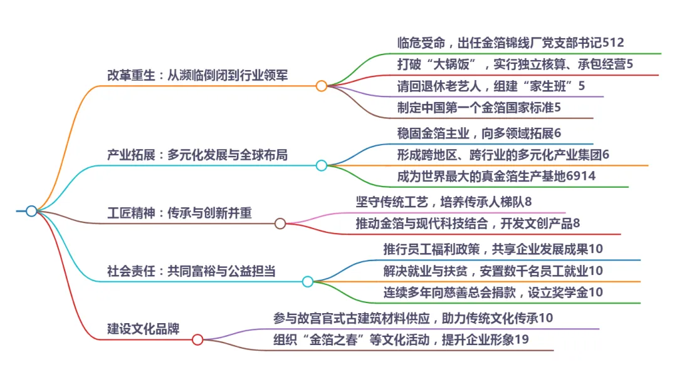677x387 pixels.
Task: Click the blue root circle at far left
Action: pos(31,211)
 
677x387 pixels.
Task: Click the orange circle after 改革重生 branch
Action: pos(322,86)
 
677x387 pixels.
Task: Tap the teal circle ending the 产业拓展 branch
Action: pos(322,165)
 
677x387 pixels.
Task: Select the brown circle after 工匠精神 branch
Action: pos(280,224)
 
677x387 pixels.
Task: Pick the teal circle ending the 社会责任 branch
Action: pos(308,282)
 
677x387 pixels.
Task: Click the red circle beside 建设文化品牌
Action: pos(197,340)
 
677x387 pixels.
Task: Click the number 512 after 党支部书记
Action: pos(613,43)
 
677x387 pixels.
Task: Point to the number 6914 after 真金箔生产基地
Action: pos(580,177)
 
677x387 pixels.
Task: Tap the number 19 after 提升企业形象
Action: pos(522,340)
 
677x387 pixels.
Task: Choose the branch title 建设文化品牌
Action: pos(144,328)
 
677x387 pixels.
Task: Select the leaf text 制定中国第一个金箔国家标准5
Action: pos(479,107)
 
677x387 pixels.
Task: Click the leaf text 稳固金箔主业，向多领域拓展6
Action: pos(479,133)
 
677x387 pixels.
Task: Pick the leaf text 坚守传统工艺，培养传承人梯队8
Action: pos(444,202)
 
